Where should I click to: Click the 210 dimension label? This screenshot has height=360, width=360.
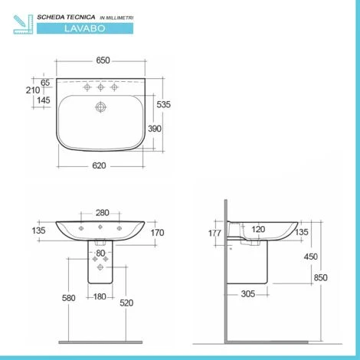pyautogui.click(x=32, y=90)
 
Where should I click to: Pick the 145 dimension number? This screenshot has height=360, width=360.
pyautogui.click(x=45, y=100)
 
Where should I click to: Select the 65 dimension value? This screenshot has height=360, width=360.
pyautogui.click(x=45, y=81)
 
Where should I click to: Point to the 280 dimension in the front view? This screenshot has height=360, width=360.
pyautogui.click(x=101, y=213)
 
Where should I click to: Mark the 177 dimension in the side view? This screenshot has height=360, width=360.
pyautogui.click(x=214, y=233)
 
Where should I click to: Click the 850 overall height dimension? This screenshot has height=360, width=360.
pyautogui.click(x=332, y=278)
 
